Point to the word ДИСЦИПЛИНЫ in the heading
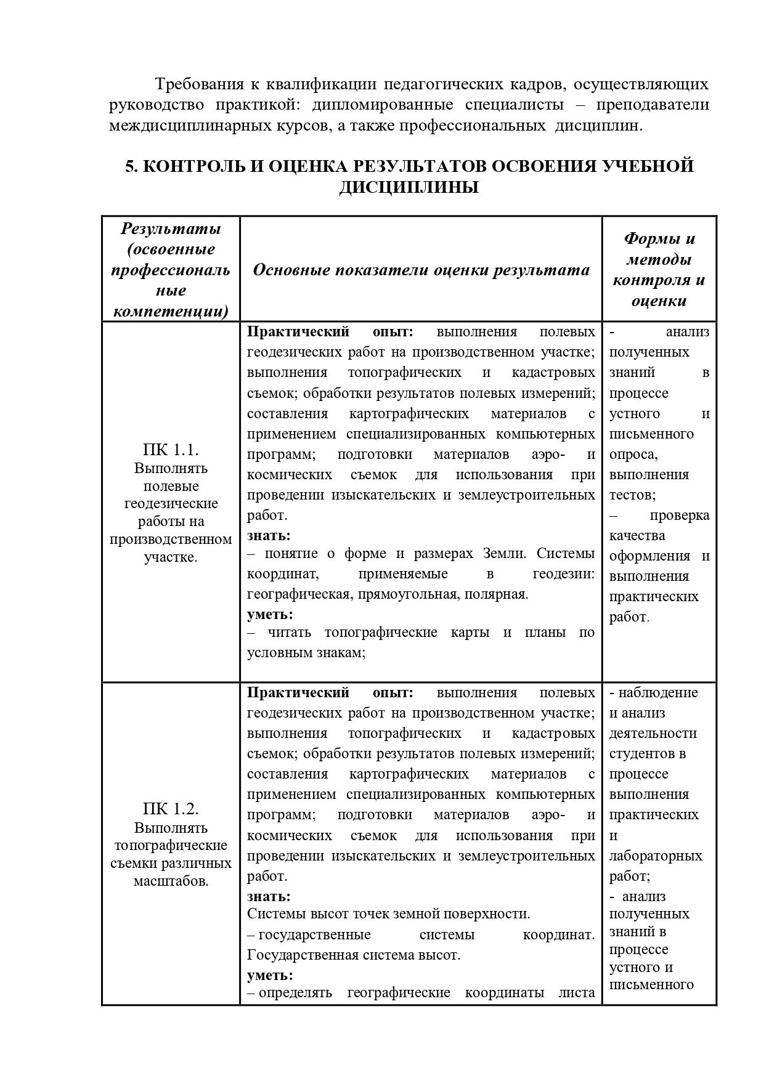pos(408,187)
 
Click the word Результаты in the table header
pos(171,229)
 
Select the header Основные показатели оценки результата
pos(421,270)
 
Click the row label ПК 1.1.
pos(171,449)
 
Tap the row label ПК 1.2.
pos(171,809)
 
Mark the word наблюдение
pos(658,692)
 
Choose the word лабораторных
pos(656,856)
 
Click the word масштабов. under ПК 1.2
pos(171,881)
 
